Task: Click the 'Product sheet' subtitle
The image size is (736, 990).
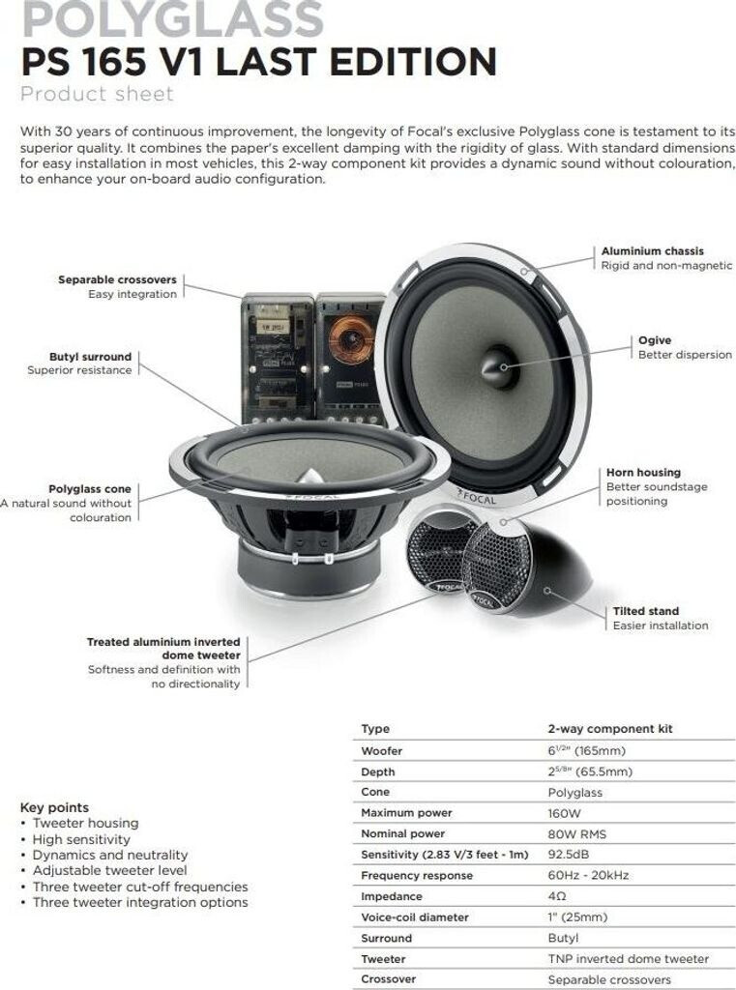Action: click(97, 94)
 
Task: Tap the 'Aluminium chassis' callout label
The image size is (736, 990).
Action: click(653, 251)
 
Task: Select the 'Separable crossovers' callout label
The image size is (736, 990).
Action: click(117, 279)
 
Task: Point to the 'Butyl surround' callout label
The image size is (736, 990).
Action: click(90, 357)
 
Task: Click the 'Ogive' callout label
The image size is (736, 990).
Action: click(655, 340)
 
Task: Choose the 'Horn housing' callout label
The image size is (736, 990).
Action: click(643, 473)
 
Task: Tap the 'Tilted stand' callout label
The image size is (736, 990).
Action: click(646, 611)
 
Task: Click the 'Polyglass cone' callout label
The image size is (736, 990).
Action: click(89, 489)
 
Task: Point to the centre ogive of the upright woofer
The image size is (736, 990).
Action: click(499, 364)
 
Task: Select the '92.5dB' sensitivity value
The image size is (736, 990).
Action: click(570, 855)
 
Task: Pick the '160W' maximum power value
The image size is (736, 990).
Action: click(564, 813)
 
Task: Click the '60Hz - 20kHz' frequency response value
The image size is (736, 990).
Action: click(588, 876)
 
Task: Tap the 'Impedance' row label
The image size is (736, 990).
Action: click(391, 896)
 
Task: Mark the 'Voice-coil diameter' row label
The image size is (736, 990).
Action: click(414, 917)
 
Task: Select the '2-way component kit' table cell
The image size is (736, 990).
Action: click(609, 729)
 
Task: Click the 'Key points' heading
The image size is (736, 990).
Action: click(54, 807)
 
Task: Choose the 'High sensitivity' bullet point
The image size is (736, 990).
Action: click(81, 839)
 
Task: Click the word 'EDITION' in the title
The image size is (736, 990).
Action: click(405, 62)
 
